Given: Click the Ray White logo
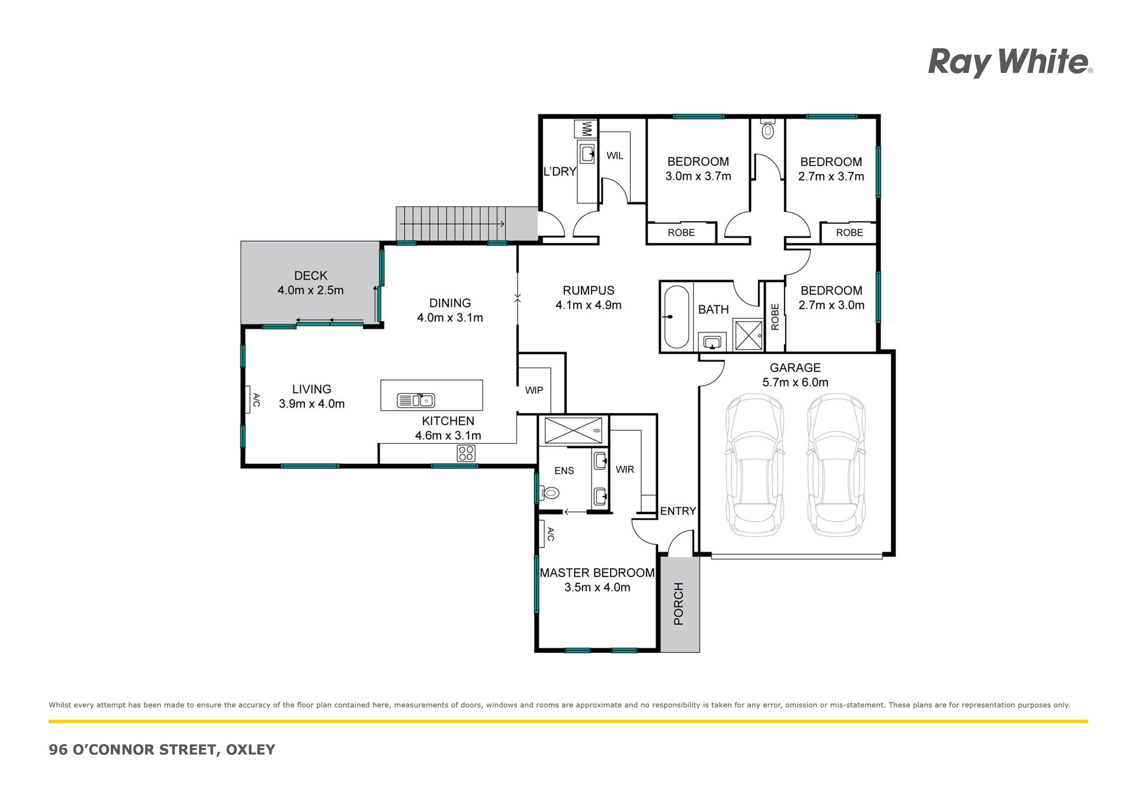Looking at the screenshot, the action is point(1010,63).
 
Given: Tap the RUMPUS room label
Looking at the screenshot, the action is point(588,290).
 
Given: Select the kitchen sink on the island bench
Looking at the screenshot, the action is point(416,401).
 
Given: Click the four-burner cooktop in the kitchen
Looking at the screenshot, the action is point(466,454).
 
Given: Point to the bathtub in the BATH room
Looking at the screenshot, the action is point(676,317).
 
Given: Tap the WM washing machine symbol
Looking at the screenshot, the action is point(586,129).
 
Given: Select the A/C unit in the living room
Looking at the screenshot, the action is point(249,400).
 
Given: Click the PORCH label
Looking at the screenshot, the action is point(679,604).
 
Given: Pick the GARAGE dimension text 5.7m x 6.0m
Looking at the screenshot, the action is point(795,382).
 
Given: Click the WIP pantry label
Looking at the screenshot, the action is point(534,390).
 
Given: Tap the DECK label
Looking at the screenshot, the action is point(311,276).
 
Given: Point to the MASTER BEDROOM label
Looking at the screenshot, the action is point(597,573).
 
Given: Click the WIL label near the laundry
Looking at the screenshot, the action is point(615,156).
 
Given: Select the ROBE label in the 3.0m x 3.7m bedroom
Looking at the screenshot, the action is point(681,233).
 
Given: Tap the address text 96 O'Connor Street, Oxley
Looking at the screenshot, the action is point(162,749).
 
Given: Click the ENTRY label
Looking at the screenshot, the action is point(678,511).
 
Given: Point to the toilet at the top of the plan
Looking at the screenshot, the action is point(768,130).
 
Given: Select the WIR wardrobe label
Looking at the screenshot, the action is point(625,469).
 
